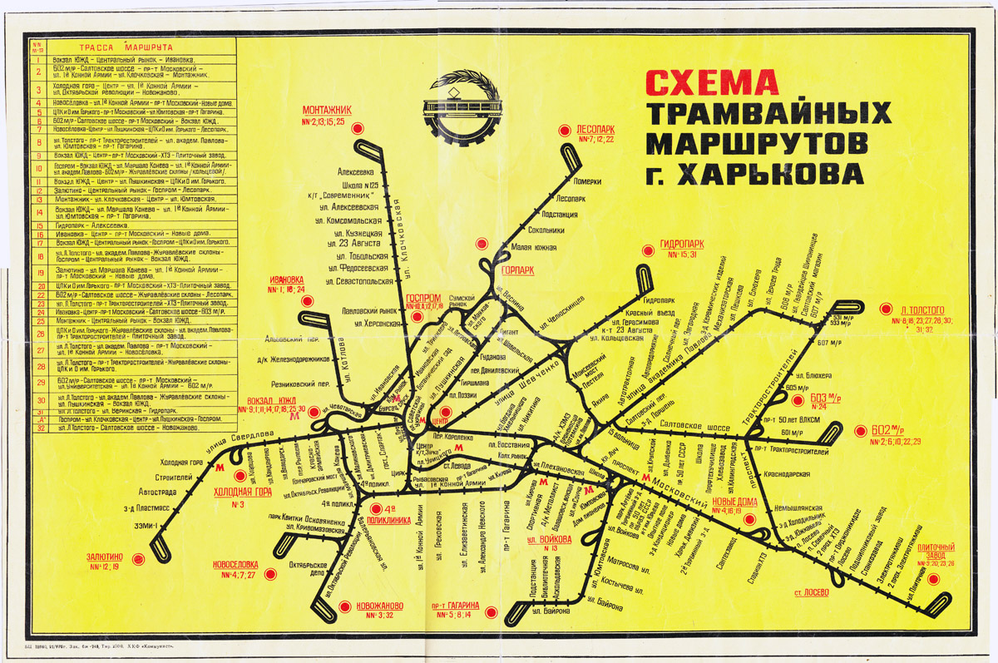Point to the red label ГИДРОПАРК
click(681, 244)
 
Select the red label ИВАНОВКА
click(287, 279)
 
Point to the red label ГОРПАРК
click(518, 270)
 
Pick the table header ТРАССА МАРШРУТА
click(126, 47)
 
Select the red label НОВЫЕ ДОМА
click(735, 501)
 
